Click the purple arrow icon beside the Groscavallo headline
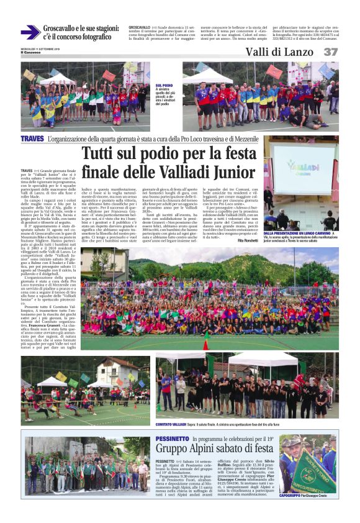click(30, 32)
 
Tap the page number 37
click(331, 52)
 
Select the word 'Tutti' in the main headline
click(101, 153)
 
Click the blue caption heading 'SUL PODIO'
click(164, 85)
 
